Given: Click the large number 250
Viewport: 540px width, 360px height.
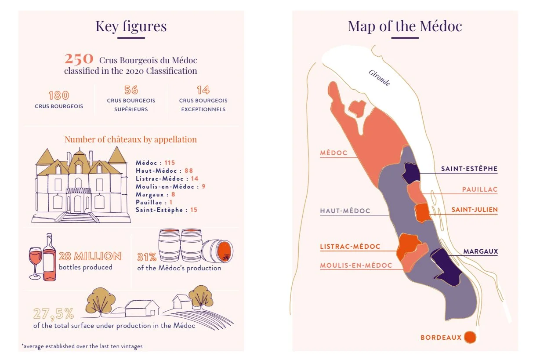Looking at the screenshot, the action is click(79, 59).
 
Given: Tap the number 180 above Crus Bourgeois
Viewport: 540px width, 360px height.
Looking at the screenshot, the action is click(58, 95).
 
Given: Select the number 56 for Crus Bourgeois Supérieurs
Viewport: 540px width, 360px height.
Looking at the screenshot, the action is click(131, 90).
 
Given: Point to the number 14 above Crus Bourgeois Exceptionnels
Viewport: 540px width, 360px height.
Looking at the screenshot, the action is click(203, 90).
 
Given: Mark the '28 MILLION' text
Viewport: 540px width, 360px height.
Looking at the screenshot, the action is click(90, 256).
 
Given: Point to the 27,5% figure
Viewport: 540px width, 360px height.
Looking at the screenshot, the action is click(53, 313).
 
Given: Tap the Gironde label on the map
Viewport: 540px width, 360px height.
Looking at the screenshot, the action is click(379, 77).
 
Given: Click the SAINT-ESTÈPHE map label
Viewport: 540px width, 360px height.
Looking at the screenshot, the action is click(469, 168).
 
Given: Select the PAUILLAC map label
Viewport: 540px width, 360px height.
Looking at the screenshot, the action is click(479, 189).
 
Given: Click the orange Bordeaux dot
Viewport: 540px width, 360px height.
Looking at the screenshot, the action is click(470, 337).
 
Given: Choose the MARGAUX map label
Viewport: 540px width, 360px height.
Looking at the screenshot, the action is click(480, 251).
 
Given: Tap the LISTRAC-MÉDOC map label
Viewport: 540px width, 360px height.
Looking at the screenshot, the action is click(350, 247).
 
